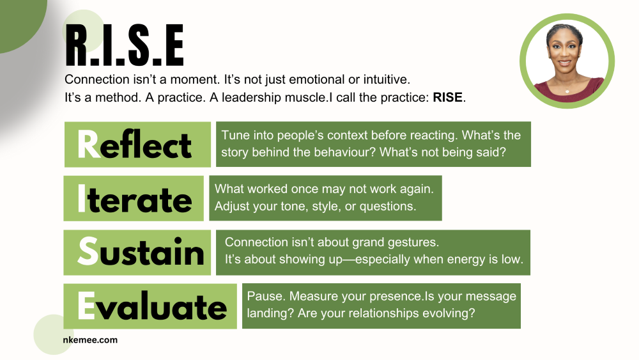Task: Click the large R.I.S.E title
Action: click(124, 47)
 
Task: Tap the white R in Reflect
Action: click(88, 145)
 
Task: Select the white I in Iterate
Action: click(81, 199)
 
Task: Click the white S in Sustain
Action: click(88, 253)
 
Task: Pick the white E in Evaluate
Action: click(86, 306)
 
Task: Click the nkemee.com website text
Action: click(91, 340)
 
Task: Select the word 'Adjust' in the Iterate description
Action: click(231, 206)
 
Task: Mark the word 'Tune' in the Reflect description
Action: click(235, 135)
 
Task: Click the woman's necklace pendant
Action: click(567, 91)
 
